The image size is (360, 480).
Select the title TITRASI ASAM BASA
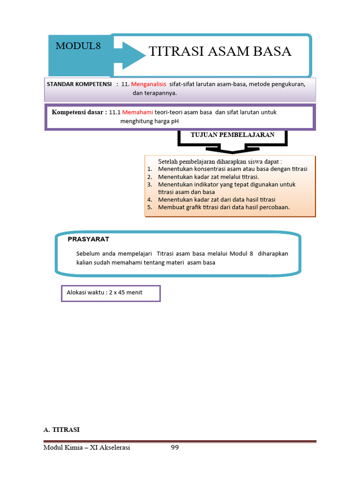[220, 52]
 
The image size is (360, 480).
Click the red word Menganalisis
[149, 84]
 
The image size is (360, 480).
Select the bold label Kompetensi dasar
[79, 112]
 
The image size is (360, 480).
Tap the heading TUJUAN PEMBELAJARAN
[232, 135]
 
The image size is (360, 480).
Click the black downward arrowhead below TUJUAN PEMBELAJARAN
[232, 150]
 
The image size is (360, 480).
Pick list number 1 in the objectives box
[150, 169]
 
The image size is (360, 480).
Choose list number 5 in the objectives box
[150, 207]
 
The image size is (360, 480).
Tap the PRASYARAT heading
[88, 239]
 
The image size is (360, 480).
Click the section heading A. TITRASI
[61, 429]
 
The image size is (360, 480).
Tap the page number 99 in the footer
[175, 448]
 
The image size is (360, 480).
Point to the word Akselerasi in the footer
[112, 448]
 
